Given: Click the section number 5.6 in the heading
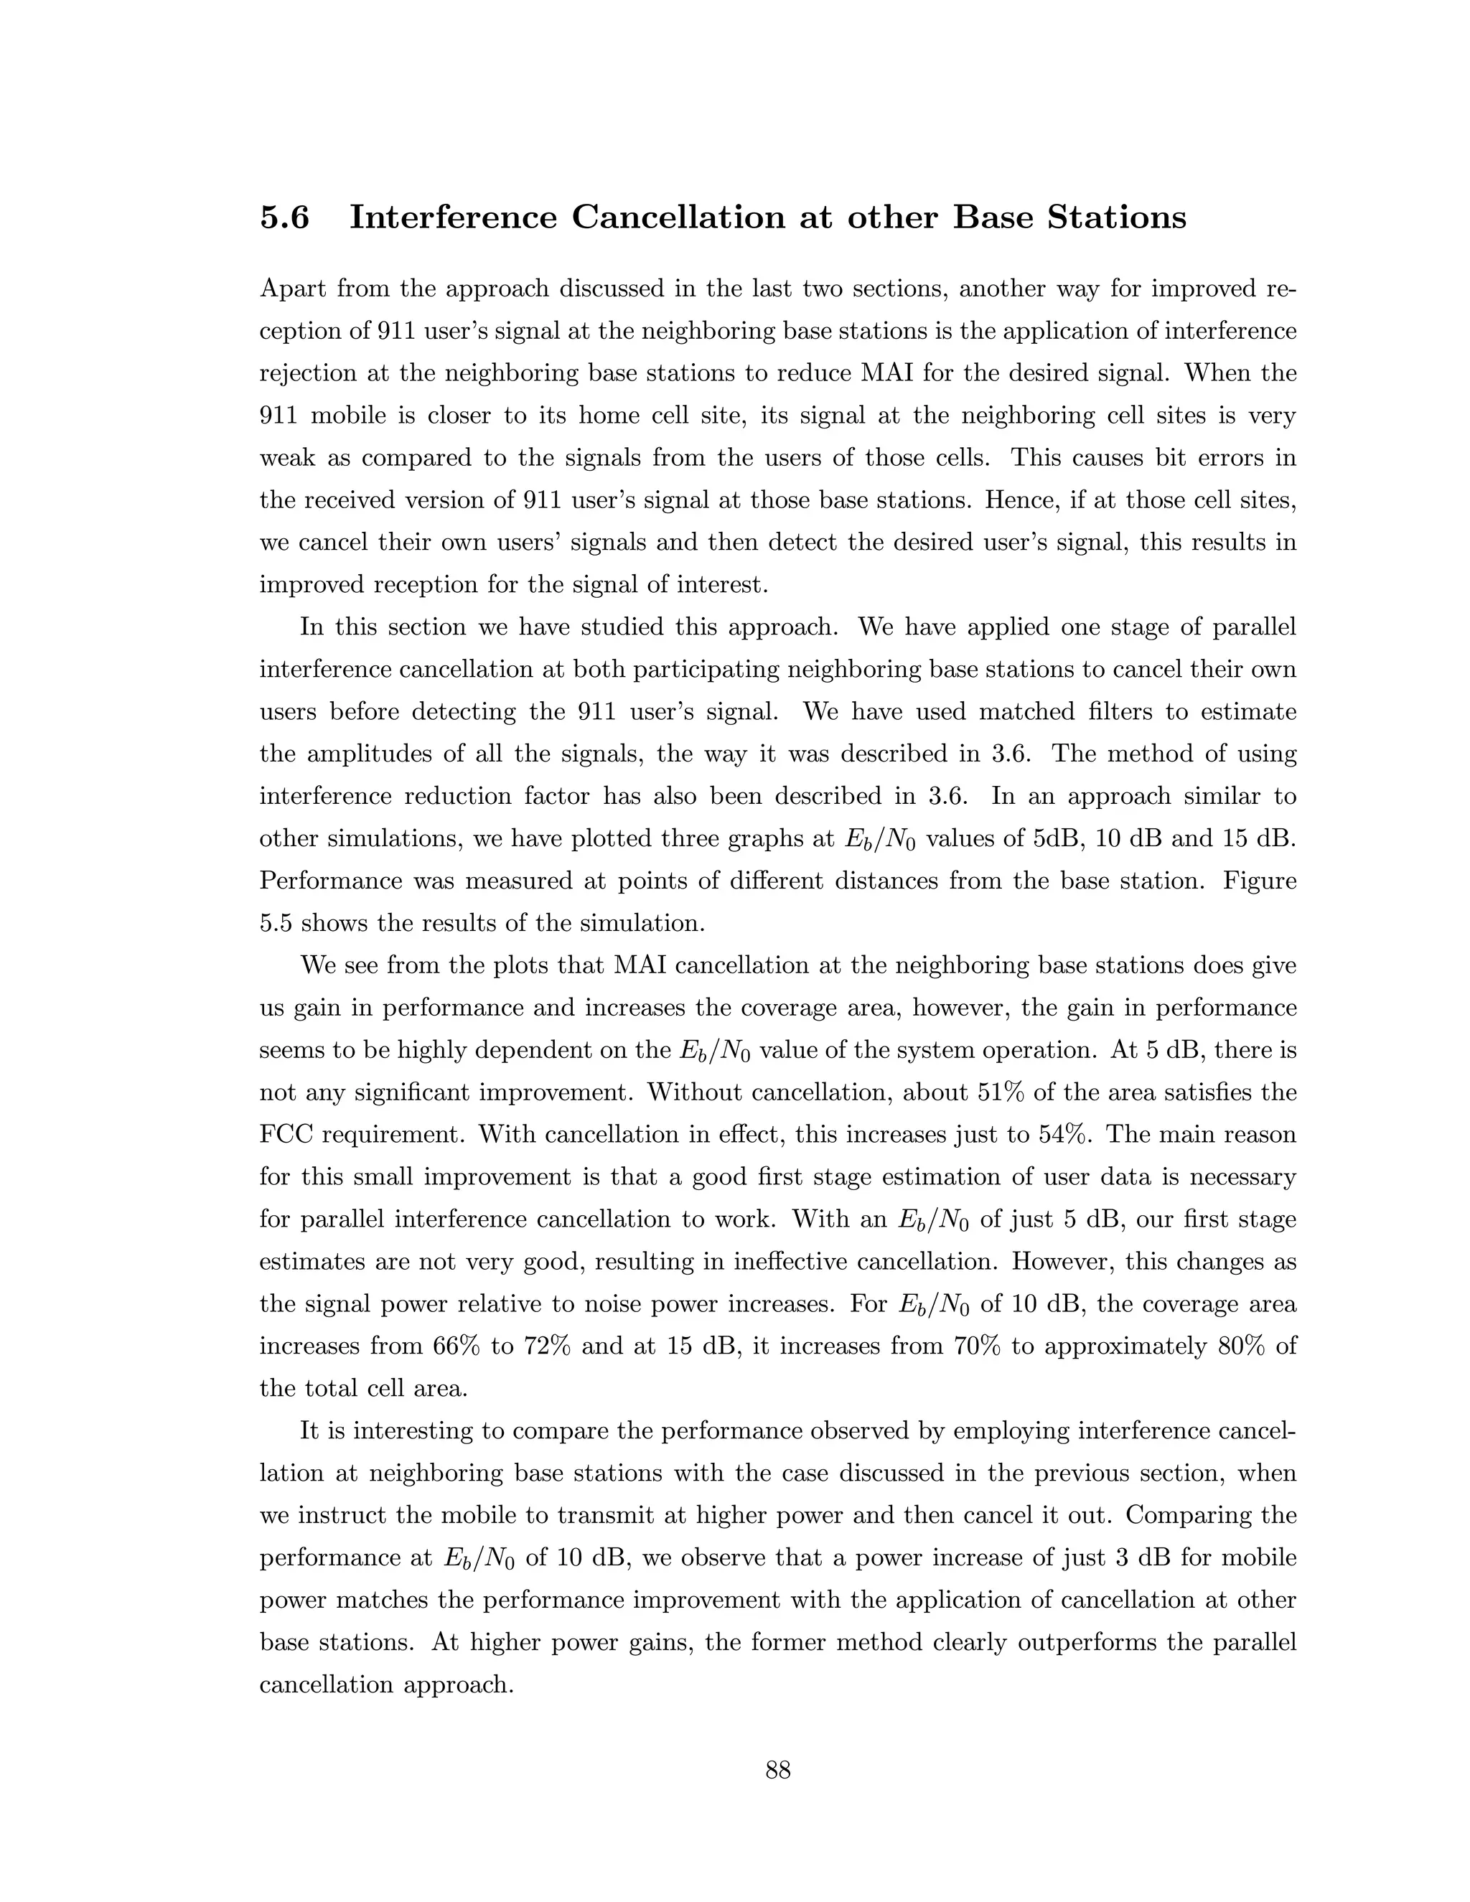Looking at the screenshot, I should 284,217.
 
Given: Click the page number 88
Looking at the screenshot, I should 777,1770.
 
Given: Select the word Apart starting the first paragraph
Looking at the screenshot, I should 293,289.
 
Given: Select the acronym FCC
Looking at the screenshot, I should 286,1135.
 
